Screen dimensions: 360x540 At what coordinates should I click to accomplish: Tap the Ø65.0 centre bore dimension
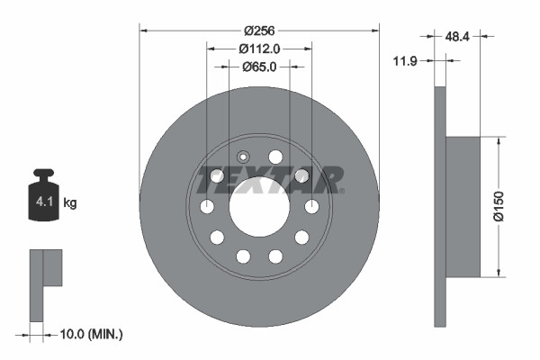pos(259,67)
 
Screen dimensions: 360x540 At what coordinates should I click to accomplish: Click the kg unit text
pos(70,203)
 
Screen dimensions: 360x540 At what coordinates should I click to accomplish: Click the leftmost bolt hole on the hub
pos(207,207)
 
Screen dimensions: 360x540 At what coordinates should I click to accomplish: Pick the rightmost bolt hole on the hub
pos(312,207)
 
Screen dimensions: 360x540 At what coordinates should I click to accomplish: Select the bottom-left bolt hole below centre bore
pos(243,256)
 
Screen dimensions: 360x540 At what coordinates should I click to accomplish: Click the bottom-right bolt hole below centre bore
pos(275,256)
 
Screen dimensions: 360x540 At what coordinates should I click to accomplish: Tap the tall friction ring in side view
pos(440,207)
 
